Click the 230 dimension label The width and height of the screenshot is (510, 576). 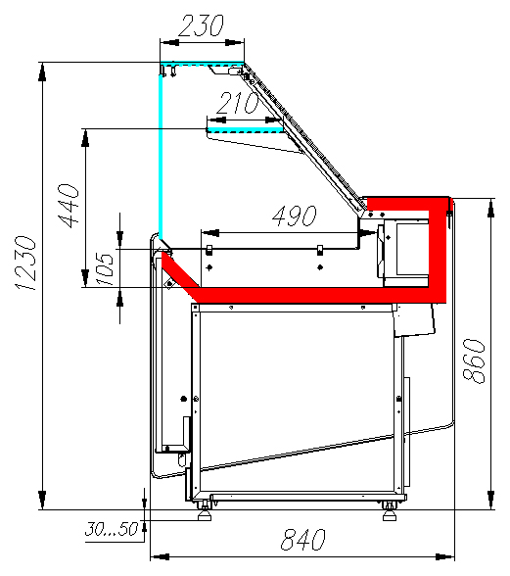pyautogui.click(x=201, y=25)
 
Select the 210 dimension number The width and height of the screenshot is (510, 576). pyautogui.click(x=238, y=103)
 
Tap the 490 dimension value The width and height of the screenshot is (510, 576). pyautogui.click(x=295, y=216)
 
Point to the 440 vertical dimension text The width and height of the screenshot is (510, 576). pyautogui.click(x=69, y=206)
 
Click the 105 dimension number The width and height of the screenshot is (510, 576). pyautogui.click(x=105, y=268)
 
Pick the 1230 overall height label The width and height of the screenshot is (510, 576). pyautogui.click(x=25, y=263)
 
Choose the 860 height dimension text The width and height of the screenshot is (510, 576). pyautogui.click(x=474, y=361)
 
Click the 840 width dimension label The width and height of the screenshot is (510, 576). pyautogui.click(x=302, y=540)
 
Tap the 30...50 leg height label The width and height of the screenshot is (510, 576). pyautogui.click(x=112, y=529)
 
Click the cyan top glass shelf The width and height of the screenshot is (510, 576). pyautogui.click(x=202, y=63)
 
